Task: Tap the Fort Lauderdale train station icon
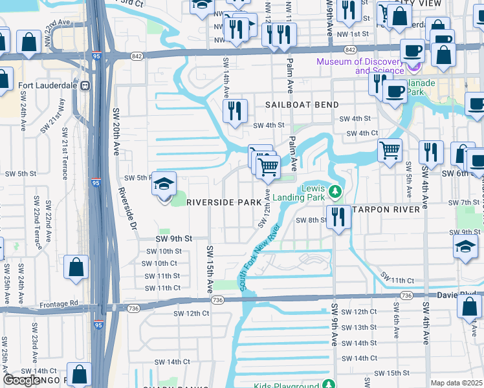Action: [x=84, y=85]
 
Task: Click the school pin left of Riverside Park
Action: [x=164, y=185]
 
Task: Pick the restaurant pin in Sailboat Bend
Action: [x=235, y=111]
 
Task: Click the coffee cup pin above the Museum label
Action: [x=412, y=50]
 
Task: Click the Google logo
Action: [x=22, y=380]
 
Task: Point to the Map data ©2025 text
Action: [x=456, y=383]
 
